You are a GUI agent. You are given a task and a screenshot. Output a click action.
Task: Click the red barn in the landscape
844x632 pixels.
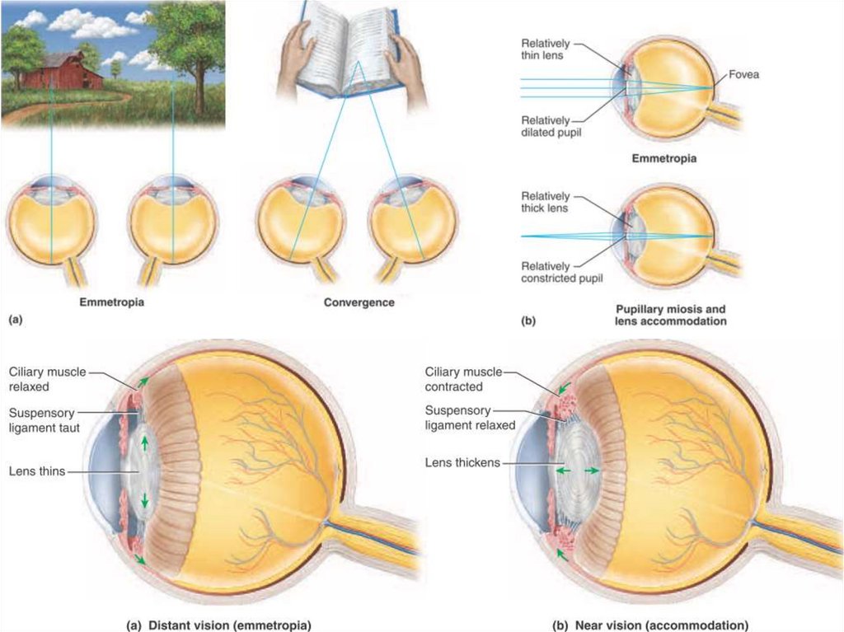pyautogui.click(x=61, y=72)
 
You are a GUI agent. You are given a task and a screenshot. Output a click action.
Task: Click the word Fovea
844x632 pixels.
pyautogui.click(x=743, y=75)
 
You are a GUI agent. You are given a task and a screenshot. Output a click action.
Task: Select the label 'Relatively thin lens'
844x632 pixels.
pyautogui.click(x=544, y=48)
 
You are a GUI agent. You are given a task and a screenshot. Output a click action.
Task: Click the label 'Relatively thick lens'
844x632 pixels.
pyautogui.click(x=545, y=202)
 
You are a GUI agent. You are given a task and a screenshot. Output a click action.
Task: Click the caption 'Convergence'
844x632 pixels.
pyautogui.click(x=359, y=302)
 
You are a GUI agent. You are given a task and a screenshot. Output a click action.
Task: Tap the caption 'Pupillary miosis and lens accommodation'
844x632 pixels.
pyautogui.click(x=672, y=315)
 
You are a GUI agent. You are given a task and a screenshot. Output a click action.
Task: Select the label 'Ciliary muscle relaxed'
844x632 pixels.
pyautogui.click(x=48, y=379)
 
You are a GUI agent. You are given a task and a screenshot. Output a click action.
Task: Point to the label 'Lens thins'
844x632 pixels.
pyautogui.click(x=36, y=471)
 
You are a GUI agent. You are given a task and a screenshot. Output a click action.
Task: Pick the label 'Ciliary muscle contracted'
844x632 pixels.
pyautogui.click(x=462, y=379)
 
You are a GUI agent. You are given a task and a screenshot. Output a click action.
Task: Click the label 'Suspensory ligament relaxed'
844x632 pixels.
pyautogui.click(x=470, y=418)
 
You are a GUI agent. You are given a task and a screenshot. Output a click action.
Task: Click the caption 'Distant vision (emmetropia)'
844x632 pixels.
pyautogui.click(x=219, y=625)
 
